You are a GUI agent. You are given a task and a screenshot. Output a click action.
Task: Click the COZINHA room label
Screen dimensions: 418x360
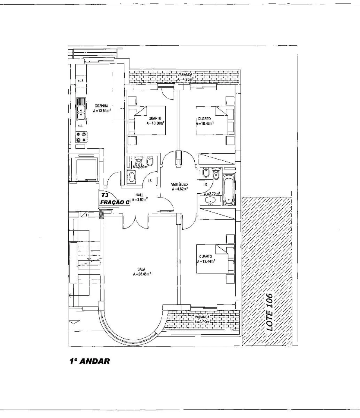coord(102,106)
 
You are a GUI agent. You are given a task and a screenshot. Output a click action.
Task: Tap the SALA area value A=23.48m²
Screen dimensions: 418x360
coord(142,274)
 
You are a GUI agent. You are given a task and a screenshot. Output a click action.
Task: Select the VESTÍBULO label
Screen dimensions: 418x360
coord(179,184)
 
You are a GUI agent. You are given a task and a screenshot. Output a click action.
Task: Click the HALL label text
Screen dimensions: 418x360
coord(139,195)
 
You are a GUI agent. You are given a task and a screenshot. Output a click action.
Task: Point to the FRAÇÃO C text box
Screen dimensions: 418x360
coord(115,202)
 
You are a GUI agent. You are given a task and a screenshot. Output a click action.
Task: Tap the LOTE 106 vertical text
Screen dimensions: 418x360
coord(269,312)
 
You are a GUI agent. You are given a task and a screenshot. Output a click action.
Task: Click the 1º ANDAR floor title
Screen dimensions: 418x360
coord(89,361)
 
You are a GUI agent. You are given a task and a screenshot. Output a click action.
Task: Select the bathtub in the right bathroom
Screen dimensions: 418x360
coord(228,190)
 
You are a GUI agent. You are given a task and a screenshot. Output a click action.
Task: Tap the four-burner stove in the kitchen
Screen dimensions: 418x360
coord(81,137)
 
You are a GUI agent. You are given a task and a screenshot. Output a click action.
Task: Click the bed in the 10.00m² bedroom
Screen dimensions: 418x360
coord(149,120)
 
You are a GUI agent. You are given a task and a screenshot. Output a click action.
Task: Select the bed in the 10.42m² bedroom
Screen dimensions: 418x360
coord(211,120)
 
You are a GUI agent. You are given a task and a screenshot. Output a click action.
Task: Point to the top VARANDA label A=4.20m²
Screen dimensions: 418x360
coord(185,77)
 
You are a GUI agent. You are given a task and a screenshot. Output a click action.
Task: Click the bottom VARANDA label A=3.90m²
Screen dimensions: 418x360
coord(202,319)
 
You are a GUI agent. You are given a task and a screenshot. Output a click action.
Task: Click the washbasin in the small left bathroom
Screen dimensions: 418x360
coord(131,177)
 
